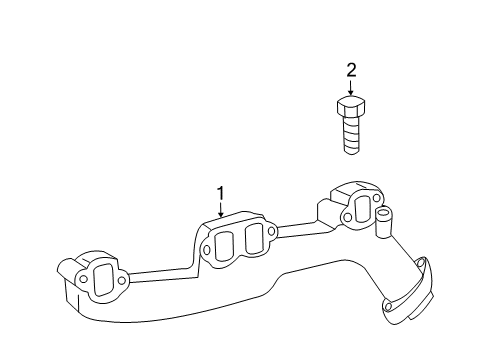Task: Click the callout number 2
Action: click(x=350, y=69)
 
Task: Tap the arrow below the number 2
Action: click(x=350, y=87)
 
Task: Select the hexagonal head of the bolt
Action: click(x=350, y=106)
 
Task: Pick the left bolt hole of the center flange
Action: click(x=206, y=249)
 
